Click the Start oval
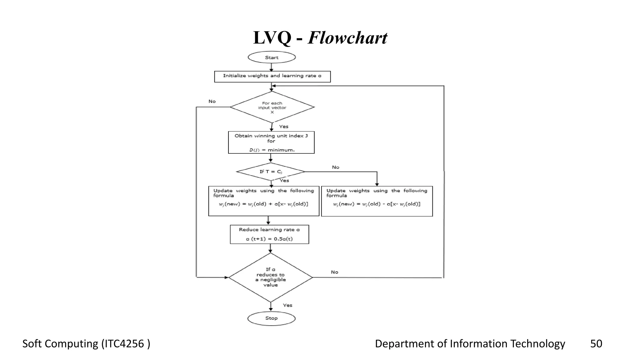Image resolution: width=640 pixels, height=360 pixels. (x=272, y=57)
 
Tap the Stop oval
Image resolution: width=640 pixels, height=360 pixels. (x=271, y=318)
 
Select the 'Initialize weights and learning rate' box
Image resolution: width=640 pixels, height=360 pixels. (x=272, y=76)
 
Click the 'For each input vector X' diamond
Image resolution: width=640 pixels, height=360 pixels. (x=272, y=107)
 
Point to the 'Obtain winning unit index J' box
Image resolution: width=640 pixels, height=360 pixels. (x=271, y=142)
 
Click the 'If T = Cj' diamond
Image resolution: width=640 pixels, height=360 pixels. (x=271, y=172)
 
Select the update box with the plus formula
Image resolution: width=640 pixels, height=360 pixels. (x=263, y=201)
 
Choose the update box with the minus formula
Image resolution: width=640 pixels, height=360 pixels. (x=377, y=201)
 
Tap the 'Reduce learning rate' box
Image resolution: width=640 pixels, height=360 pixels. (x=269, y=234)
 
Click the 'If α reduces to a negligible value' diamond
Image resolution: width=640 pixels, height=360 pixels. (x=271, y=277)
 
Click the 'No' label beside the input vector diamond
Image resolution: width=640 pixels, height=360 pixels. (x=212, y=101)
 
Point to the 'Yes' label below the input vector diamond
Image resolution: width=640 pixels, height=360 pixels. (x=283, y=127)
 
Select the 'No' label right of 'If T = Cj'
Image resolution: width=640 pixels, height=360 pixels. (x=336, y=167)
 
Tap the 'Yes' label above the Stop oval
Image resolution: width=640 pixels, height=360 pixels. (x=287, y=305)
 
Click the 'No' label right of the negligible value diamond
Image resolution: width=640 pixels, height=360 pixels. (x=335, y=272)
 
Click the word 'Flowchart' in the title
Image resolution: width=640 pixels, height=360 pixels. (x=347, y=38)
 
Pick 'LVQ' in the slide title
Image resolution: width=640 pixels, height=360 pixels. (x=272, y=38)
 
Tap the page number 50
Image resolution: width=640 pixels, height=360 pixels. (x=596, y=344)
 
